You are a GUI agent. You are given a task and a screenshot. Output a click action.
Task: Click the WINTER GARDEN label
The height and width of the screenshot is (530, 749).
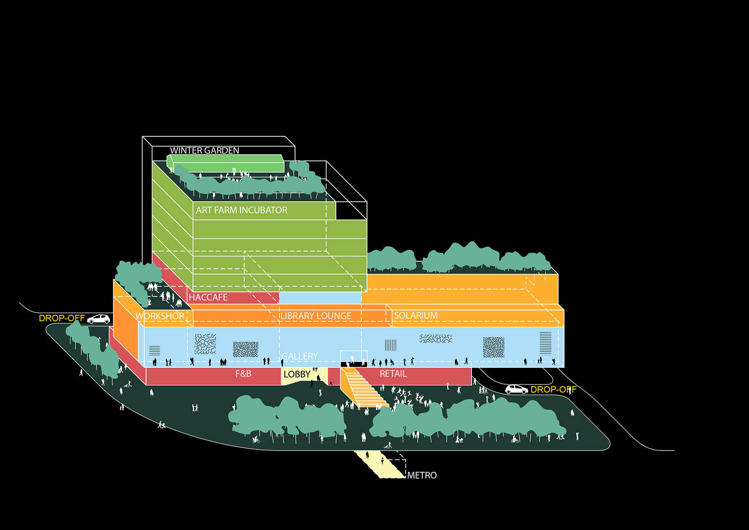click(x=204, y=151)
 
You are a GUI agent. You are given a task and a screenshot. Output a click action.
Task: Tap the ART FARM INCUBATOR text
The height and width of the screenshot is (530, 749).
click(x=242, y=210)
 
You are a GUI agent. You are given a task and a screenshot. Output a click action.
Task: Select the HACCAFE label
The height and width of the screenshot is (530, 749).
click(x=208, y=297)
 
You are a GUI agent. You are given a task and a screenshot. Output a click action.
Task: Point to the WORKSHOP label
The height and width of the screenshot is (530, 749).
click(x=160, y=316)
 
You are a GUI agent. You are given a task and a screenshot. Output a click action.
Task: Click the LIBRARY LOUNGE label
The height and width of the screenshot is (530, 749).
click(x=316, y=316)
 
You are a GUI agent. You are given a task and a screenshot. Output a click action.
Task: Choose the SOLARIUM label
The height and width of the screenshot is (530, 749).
click(x=416, y=315)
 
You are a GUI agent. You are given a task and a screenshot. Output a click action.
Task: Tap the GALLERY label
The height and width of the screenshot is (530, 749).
click(x=300, y=356)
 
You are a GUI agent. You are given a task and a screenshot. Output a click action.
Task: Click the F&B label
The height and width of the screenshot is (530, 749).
click(x=243, y=374)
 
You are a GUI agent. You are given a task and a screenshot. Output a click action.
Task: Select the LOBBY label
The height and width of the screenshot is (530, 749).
click(x=297, y=374)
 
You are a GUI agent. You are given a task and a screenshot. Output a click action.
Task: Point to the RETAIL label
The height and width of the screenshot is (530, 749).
click(x=393, y=374)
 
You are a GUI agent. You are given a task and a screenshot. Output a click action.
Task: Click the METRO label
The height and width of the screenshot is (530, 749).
click(x=422, y=475)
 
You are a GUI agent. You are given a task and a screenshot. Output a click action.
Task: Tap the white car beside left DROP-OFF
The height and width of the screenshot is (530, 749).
click(x=99, y=319)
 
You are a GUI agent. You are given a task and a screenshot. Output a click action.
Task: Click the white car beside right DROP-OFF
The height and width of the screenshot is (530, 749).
click(x=516, y=389)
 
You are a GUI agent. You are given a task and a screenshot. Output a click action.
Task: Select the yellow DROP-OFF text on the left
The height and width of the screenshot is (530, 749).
click(x=62, y=318)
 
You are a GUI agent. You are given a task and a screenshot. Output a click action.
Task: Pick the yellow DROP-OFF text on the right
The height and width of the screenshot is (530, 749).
click(x=554, y=390)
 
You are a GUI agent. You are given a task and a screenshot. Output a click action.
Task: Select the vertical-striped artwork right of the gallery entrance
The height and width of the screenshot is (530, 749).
click(x=390, y=345)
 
